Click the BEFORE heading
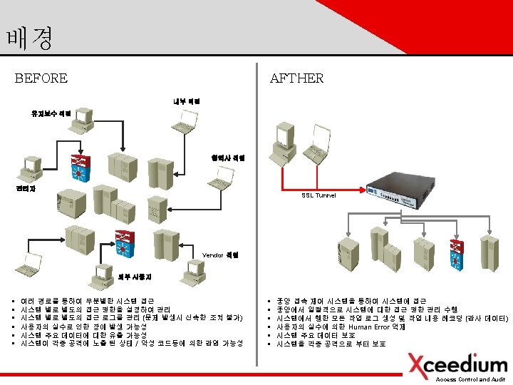[41, 78]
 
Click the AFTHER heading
[296, 78]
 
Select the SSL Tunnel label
[318, 195]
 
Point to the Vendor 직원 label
[220, 255]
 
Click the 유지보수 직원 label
[51, 113]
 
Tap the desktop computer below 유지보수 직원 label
[84, 120]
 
